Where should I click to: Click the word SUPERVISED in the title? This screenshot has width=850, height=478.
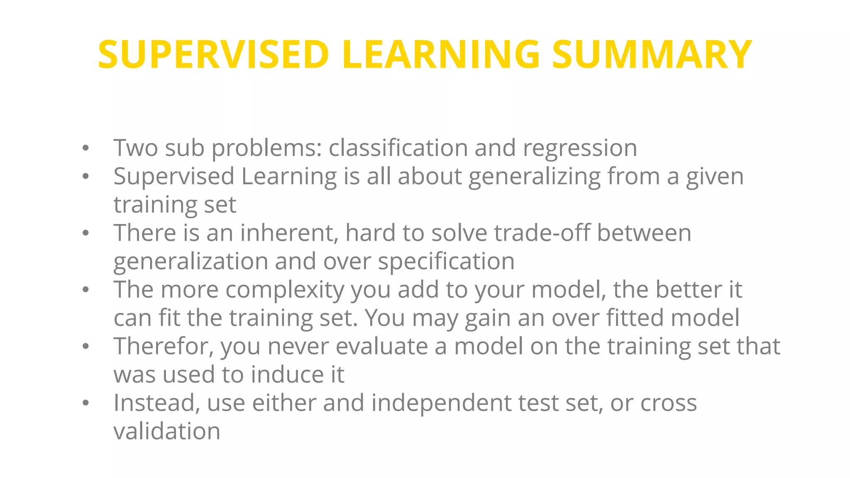[214, 54]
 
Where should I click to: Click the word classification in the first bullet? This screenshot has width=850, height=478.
[398, 148]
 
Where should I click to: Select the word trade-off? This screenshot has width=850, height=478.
[542, 233]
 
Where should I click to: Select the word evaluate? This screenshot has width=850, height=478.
[381, 346]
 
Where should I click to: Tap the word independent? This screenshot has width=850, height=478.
[441, 403]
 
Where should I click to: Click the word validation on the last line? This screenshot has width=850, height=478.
[167, 431]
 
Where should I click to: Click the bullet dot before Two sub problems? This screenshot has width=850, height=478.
[85, 149]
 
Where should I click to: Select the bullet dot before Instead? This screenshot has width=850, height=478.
[85, 403]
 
